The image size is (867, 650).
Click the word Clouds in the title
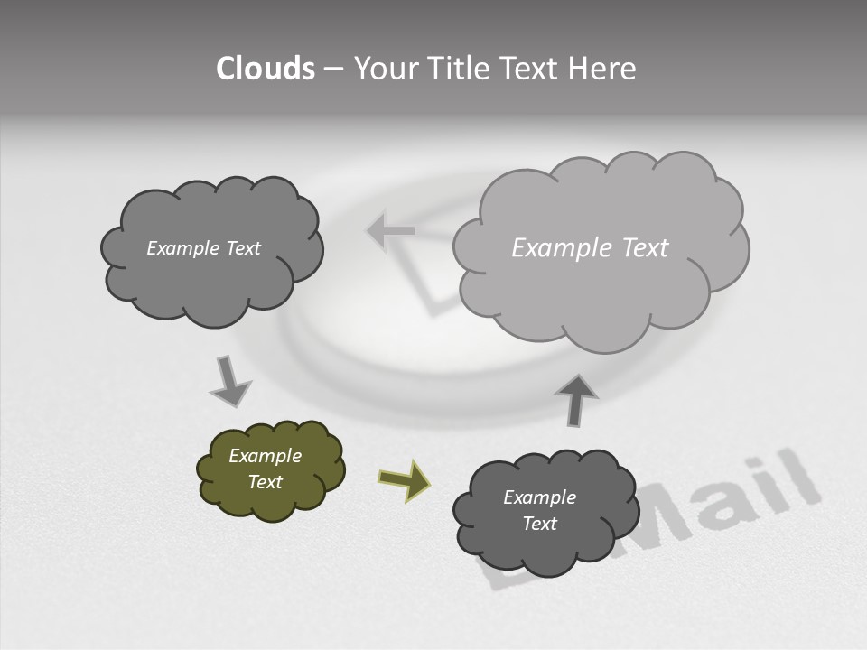tap(265, 69)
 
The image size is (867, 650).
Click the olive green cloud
tap(270, 469)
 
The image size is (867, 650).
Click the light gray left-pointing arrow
tap(390, 230)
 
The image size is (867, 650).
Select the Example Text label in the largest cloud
tap(590, 248)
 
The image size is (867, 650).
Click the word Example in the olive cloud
tap(265, 456)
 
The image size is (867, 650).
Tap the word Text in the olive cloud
tap(265, 482)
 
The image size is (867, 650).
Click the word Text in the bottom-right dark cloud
tap(539, 524)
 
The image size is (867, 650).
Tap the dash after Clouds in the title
tap(333, 69)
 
